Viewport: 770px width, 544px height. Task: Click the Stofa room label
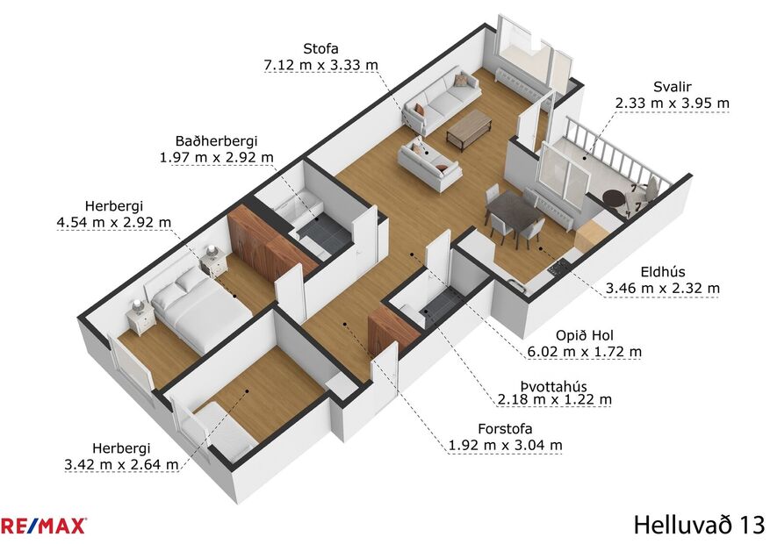click(x=320, y=47)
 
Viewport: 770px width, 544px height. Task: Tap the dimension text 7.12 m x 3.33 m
click(x=320, y=65)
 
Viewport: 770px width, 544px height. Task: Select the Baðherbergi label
click(x=216, y=140)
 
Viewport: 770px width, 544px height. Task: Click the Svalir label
click(x=672, y=86)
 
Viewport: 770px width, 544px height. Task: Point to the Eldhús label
click(x=663, y=271)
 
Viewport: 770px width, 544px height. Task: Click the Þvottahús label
click(x=554, y=383)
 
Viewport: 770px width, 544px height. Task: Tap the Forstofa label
click(x=505, y=428)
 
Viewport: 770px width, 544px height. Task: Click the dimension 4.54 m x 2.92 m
click(x=113, y=222)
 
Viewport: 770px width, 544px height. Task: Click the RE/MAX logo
click(x=43, y=526)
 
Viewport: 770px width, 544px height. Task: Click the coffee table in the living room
click(x=469, y=129)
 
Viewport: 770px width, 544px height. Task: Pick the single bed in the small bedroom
click(x=227, y=426)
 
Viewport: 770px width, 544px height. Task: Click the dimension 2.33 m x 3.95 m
click(x=672, y=103)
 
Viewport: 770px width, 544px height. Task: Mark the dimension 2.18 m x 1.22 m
click(x=554, y=399)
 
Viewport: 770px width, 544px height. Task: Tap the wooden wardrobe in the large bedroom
click(x=263, y=241)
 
